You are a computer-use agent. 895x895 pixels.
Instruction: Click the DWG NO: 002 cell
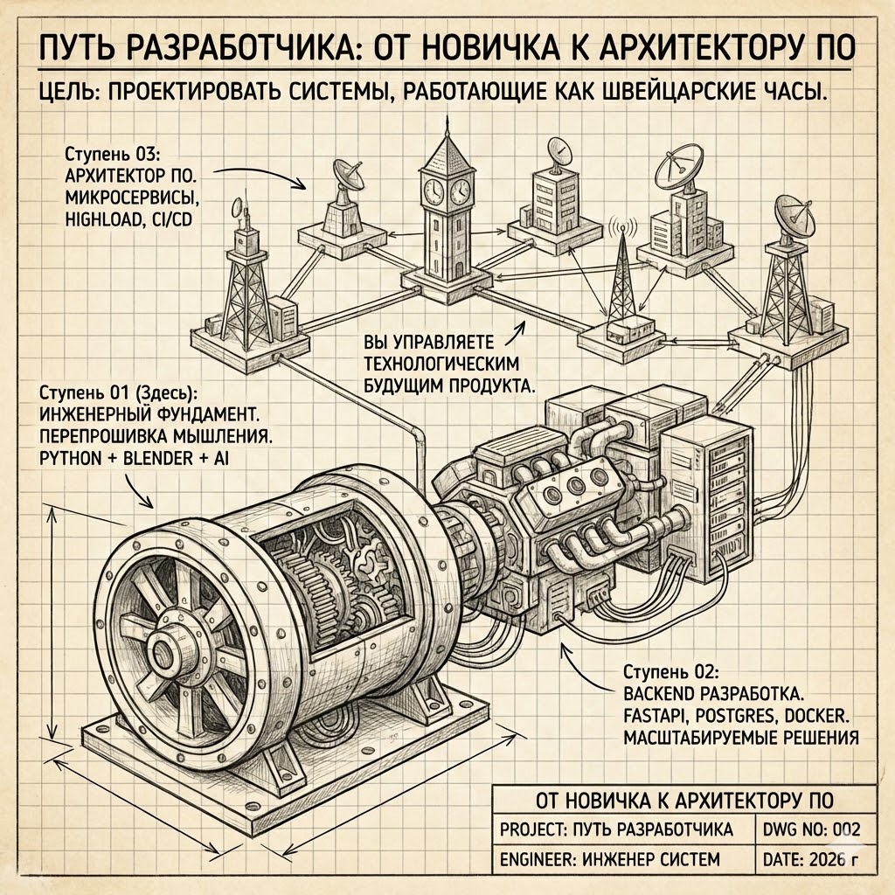[x=812, y=829]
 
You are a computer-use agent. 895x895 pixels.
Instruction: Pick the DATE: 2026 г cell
[x=812, y=860]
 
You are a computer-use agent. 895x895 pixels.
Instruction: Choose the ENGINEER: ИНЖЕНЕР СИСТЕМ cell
[x=608, y=860]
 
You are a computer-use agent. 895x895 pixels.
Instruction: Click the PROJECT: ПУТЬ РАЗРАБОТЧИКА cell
[x=614, y=829]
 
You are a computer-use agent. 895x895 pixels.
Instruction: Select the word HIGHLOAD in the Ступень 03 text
[x=94, y=220]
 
